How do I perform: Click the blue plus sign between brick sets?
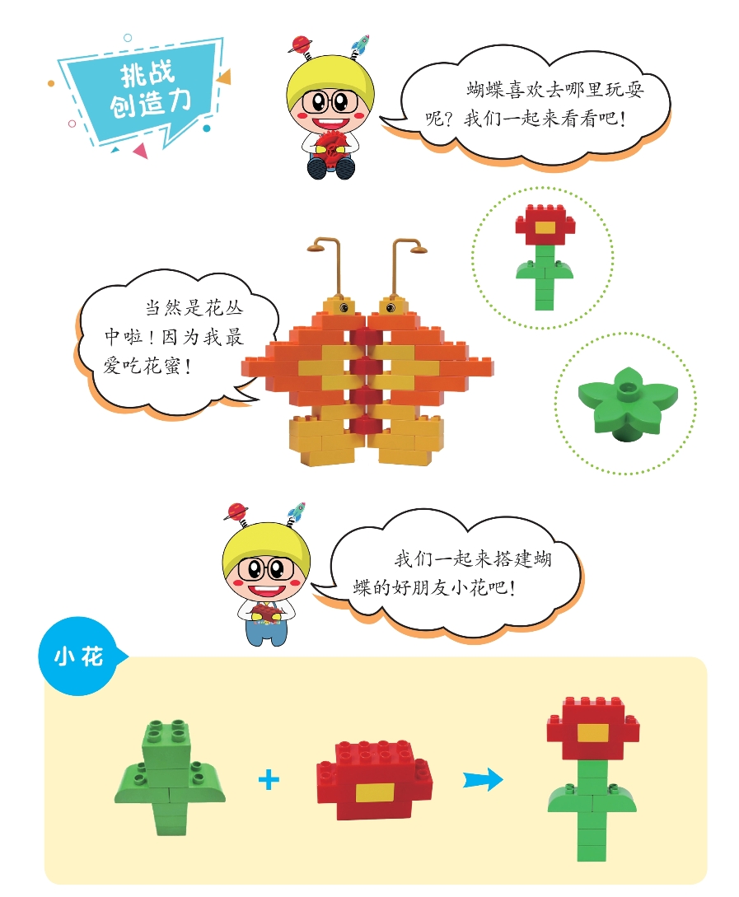269,780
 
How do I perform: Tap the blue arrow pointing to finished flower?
483,779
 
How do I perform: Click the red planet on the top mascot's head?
300,44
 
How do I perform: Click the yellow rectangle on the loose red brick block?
374,792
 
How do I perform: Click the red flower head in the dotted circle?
545,226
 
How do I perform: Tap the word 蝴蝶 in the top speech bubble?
484,90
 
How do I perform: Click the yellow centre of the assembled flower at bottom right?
592,733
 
